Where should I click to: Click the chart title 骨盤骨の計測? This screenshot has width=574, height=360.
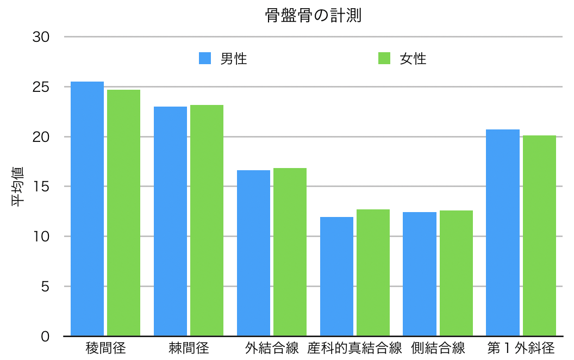[x=313, y=16]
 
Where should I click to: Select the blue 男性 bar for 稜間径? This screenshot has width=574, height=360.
[x=87, y=209]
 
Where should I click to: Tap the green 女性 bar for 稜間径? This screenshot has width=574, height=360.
[x=123, y=213]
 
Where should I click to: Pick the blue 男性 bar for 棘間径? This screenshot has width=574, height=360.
[x=170, y=221]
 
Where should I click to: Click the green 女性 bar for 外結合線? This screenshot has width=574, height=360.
[x=290, y=252]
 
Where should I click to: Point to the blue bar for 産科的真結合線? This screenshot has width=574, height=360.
[x=336, y=276]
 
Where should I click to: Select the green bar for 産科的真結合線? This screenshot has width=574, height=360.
[x=373, y=272]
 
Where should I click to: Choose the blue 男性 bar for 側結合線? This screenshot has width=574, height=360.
[x=420, y=274]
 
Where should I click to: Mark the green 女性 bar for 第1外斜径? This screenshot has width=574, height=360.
[x=539, y=235]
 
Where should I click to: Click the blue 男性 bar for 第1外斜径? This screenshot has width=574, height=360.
[x=503, y=233]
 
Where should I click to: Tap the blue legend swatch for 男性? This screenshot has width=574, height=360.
[x=205, y=59]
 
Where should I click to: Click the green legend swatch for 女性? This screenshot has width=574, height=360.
[x=384, y=59]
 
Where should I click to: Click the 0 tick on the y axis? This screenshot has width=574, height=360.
[x=46, y=336]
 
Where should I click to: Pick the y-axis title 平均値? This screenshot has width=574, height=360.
[x=18, y=187]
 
